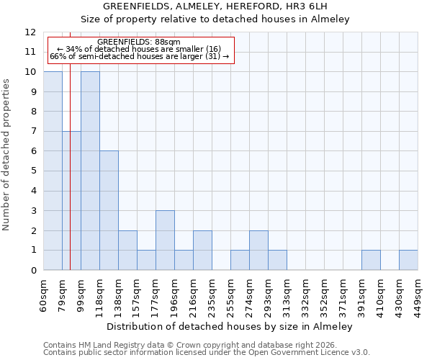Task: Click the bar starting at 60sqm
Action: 53,171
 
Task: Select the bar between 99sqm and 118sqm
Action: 90,171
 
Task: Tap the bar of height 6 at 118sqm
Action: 109,210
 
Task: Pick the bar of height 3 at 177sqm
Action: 165,240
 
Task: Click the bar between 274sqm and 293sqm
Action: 258,250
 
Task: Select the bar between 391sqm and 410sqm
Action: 371,260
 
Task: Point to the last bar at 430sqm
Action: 408,260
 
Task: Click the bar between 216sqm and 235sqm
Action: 202,250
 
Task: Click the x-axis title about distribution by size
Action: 230,326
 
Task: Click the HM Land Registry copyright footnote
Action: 190,345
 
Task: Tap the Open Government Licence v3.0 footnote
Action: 207,353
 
